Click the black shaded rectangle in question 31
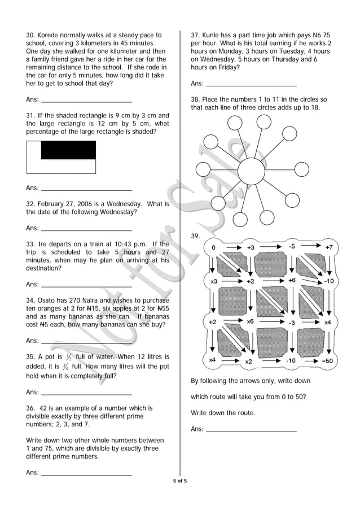tap(68, 150)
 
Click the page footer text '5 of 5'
tap(179, 481)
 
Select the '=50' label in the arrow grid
tap(327, 360)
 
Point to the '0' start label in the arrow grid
tap(213, 247)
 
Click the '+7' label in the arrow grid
tap(329, 247)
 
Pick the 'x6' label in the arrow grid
tap(250, 321)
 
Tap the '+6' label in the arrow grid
tap(292, 280)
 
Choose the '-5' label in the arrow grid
tap(291, 247)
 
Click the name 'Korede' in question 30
tap(50, 35)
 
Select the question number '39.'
tap(196, 236)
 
